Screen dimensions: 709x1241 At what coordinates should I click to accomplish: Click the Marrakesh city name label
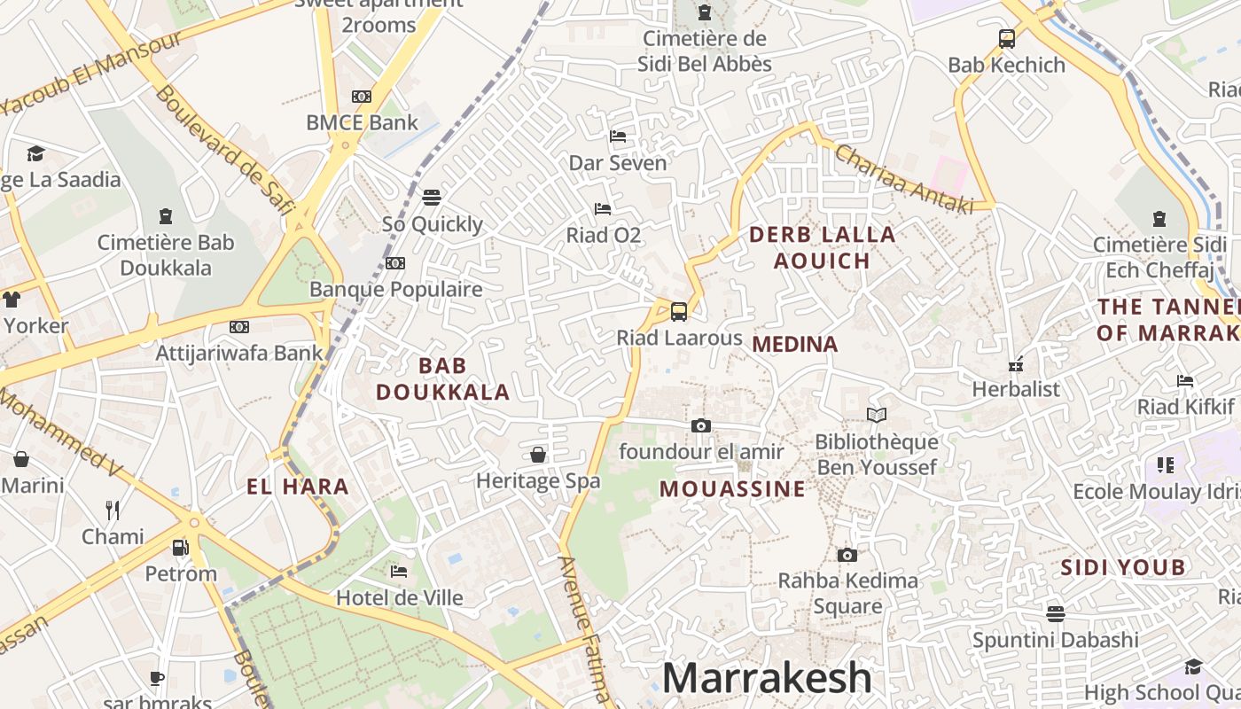[x=767, y=678]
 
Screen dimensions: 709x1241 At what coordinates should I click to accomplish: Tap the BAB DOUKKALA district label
[x=442, y=378]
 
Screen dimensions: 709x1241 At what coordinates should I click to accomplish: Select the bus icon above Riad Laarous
[x=679, y=311]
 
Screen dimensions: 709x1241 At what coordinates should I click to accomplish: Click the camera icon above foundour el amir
[x=701, y=425]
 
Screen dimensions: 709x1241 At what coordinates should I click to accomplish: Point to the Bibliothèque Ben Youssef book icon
[x=876, y=415]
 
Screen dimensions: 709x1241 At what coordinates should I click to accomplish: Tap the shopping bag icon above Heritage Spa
[x=538, y=455]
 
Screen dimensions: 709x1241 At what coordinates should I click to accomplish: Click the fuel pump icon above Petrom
[x=180, y=547]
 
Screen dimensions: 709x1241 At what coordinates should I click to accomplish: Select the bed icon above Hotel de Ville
[x=399, y=572]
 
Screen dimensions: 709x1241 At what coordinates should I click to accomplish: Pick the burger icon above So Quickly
[x=432, y=197]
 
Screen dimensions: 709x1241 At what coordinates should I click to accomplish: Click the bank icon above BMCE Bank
[x=361, y=97]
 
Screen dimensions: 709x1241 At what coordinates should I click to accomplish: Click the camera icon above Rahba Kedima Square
[x=847, y=555]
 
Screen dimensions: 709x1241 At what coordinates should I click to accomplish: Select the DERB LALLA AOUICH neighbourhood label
[x=823, y=247]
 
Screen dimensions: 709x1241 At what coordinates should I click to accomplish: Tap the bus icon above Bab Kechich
[x=1006, y=38]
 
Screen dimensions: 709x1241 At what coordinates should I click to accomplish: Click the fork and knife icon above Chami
[x=113, y=510]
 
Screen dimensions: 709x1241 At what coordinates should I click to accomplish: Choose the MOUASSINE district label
[x=733, y=488]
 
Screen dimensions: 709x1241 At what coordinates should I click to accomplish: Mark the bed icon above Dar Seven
[x=618, y=136]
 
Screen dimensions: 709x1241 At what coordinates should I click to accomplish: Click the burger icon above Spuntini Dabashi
[x=1055, y=613]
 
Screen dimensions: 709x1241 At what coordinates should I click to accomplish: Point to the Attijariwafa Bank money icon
[x=238, y=327]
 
